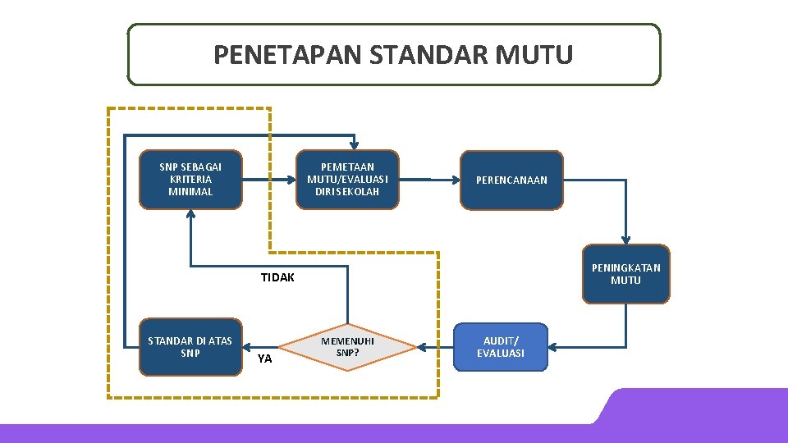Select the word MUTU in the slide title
[534, 55]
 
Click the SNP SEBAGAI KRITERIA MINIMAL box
[190, 179]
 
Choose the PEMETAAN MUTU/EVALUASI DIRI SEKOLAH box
[347, 179]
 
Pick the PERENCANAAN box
[511, 180]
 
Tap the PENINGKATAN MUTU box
[625, 274]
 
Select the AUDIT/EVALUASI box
[501, 347]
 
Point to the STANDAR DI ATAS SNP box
[190, 347]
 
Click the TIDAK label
[277, 277]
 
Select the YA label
[264, 359]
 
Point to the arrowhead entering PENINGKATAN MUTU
[625, 239]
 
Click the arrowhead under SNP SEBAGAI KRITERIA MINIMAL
[190, 215]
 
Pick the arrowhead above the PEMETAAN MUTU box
[353, 144]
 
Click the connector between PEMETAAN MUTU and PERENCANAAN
[429, 179]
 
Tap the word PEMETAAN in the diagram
[347, 167]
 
